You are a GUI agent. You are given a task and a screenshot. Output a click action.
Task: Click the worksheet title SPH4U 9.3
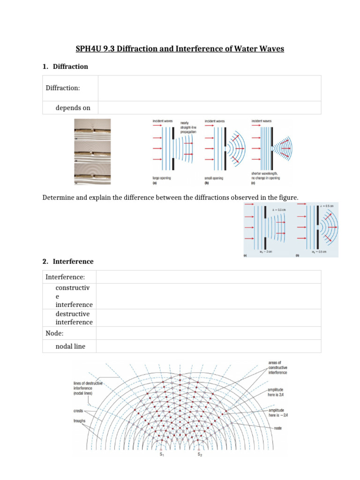click(x=180, y=48)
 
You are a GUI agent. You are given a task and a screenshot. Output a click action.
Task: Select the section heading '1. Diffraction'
click(x=65, y=67)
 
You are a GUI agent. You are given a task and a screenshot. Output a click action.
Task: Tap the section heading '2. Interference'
click(x=68, y=261)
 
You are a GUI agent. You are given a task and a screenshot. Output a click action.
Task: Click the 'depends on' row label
click(x=73, y=108)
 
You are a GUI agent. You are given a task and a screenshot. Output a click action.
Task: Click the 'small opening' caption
click(x=214, y=179)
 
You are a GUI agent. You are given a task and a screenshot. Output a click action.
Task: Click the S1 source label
click(x=161, y=454)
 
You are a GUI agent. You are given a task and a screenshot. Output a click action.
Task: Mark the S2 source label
click(x=199, y=454)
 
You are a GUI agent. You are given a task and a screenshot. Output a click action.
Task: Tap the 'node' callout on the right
click(x=279, y=428)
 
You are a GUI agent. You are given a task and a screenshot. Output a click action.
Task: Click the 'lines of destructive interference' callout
click(x=88, y=388)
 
